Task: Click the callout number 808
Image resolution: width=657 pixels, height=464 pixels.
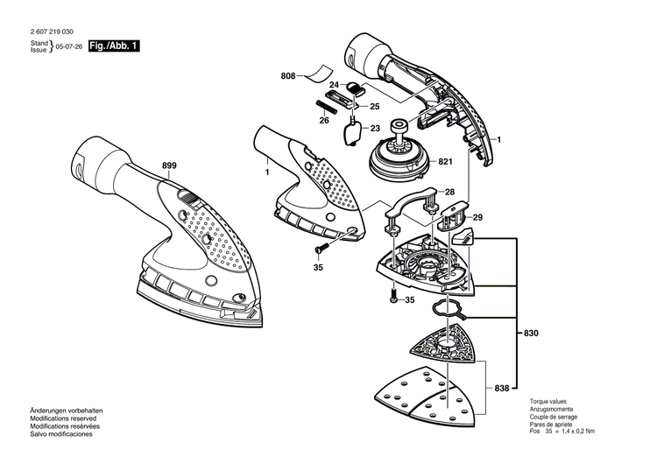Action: point(288,77)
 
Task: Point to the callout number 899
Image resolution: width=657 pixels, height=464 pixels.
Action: point(169,165)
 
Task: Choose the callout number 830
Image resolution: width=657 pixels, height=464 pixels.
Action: point(531,334)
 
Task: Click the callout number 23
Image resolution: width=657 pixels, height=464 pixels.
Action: point(376,129)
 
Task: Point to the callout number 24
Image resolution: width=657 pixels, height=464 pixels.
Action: point(334,84)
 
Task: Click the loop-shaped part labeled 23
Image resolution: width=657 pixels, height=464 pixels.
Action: point(352,132)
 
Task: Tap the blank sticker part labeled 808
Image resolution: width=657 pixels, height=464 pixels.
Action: point(321,73)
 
